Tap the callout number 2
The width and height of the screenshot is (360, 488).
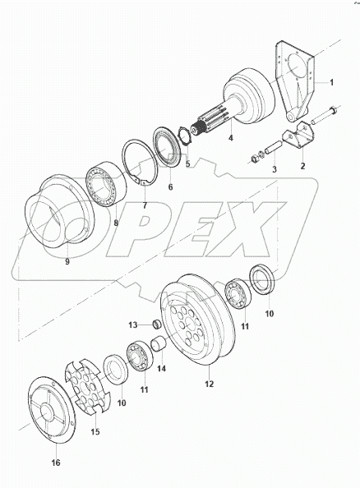coord(302,165)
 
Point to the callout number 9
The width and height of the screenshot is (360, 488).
coord(67,263)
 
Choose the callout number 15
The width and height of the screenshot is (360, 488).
coord(95,430)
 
